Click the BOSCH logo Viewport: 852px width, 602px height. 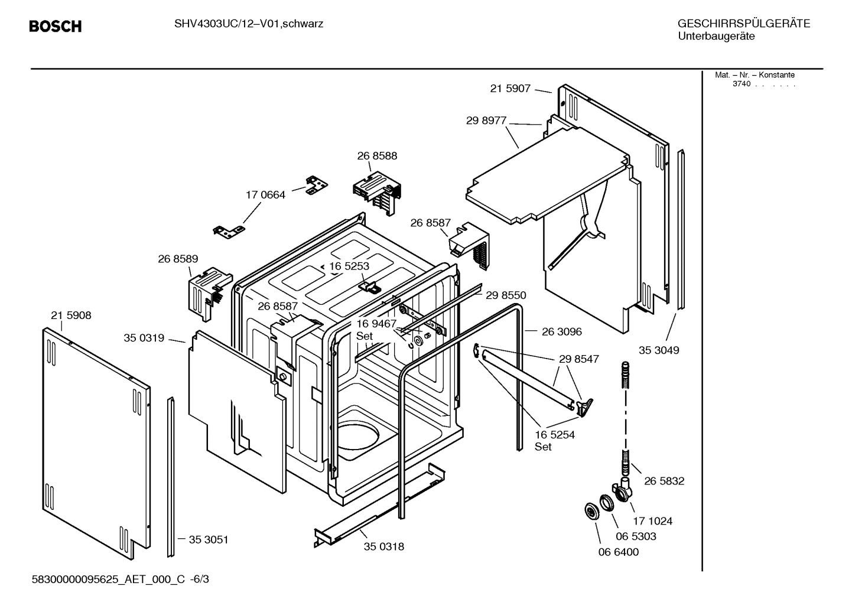55,27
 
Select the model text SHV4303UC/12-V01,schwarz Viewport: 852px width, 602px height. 248,24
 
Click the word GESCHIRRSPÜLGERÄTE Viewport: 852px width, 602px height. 743,24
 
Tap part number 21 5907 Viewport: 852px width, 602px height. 510,89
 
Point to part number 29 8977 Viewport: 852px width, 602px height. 486,121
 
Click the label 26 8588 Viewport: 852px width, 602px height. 377,156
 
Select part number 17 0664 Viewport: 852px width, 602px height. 265,195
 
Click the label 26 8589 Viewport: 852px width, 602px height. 178,259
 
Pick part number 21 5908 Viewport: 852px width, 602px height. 71,315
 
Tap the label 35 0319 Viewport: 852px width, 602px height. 144,338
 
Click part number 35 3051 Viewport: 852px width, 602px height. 208,539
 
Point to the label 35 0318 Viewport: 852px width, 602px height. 384,546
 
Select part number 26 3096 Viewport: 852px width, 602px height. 561,332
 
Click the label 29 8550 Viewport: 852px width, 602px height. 506,295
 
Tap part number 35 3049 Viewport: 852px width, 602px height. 659,350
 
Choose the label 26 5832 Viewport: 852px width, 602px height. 664,481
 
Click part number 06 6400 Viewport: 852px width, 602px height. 619,552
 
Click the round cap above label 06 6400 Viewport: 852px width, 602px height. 591,512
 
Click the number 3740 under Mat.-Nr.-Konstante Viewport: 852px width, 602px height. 741,84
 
